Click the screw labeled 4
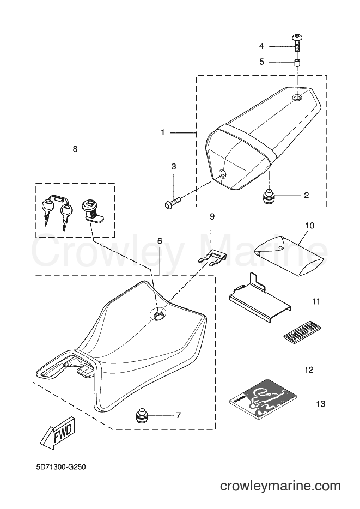click(x=297, y=43)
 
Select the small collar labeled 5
click(x=297, y=62)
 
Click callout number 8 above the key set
click(x=75, y=149)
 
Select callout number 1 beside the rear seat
click(x=163, y=132)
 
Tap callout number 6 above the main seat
click(x=159, y=241)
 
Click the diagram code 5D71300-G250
click(x=61, y=468)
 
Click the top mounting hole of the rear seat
click(x=297, y=98)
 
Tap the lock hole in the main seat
click(x=158, y=314)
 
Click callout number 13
click(x=320, y=404)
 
